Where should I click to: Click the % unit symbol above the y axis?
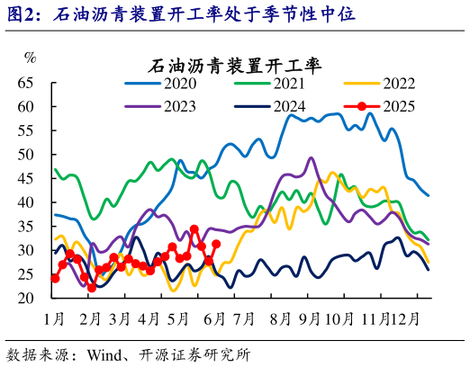tap(31, 58)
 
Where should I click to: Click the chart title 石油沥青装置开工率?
tap(235, 66)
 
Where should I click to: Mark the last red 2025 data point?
tap(217, 243)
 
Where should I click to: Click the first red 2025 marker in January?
tap(55, 278)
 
